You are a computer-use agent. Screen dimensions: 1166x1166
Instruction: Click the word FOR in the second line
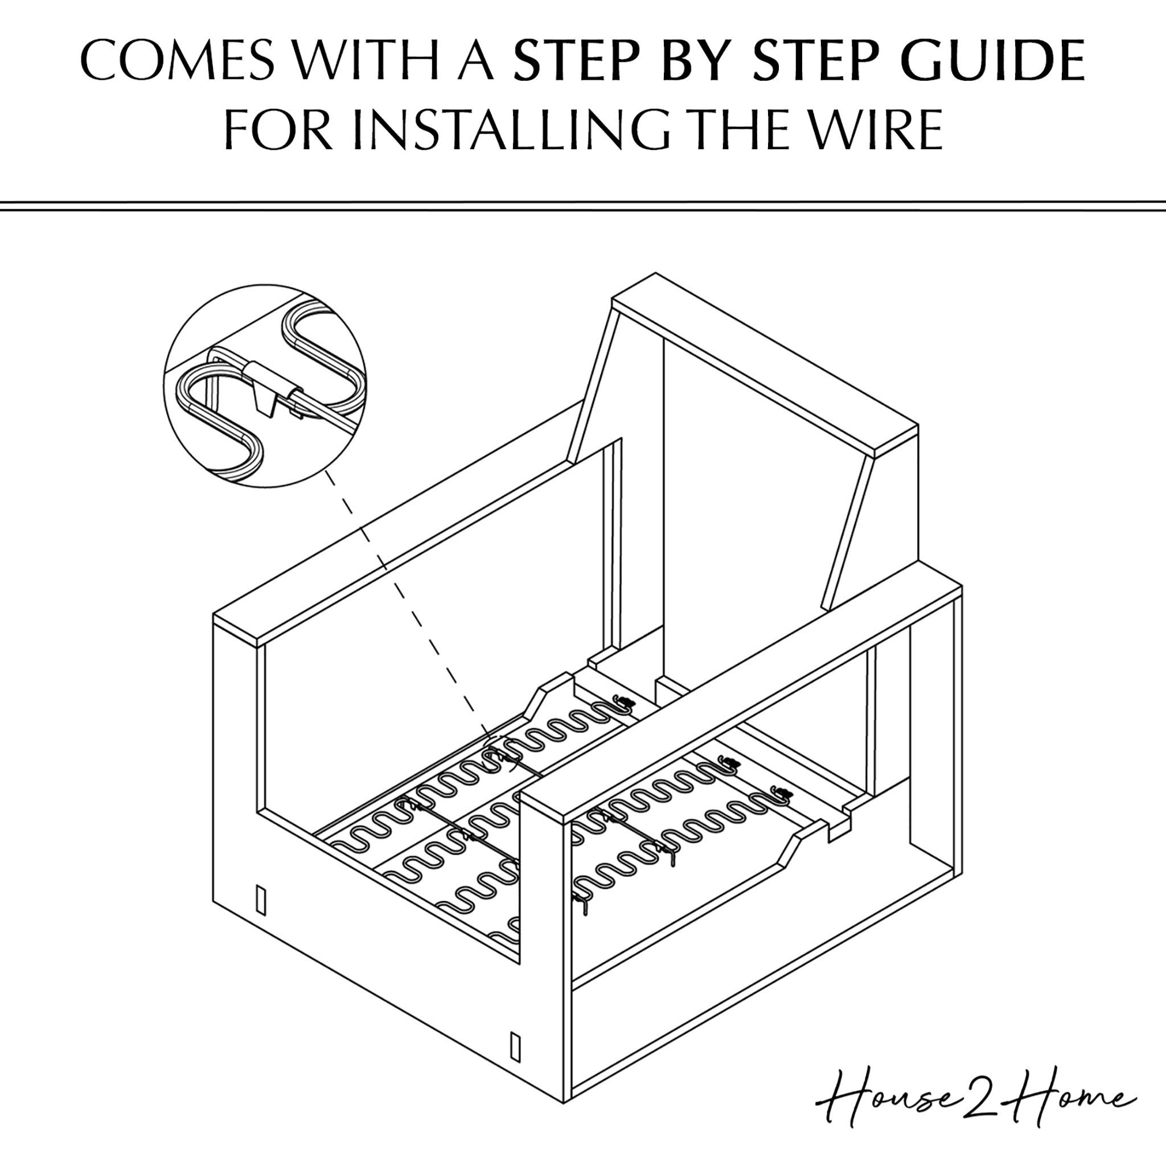pos(279,129)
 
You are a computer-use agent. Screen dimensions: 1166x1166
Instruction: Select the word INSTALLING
pos(511,129)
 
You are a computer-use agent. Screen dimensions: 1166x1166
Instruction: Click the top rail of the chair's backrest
pos(765,364)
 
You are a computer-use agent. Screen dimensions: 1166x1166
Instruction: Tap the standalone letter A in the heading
pos(477,61)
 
